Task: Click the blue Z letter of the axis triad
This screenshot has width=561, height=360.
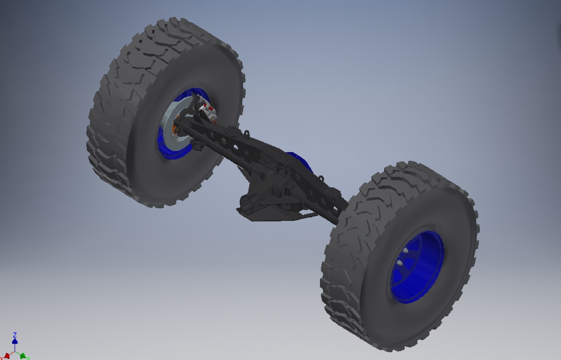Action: [x=15, y=335]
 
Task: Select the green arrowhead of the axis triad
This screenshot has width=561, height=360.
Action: [x=23, y=356]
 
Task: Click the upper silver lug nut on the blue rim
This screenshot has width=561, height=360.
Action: [x=406, y=251]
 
